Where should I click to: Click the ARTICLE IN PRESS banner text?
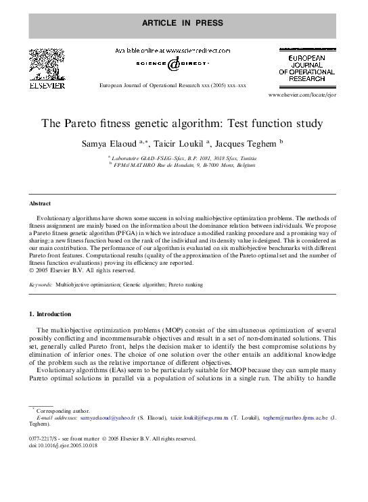[182, 23]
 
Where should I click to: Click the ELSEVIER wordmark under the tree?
[47, 86]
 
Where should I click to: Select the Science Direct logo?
[173, 64]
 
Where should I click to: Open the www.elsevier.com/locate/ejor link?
[302, 96]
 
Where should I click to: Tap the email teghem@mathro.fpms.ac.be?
[295, 418]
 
